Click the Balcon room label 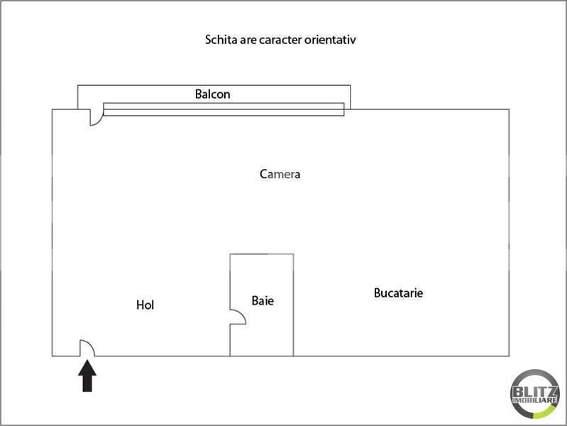[213, 94]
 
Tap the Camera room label [280, 174]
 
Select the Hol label [145, 305]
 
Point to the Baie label [263, 300]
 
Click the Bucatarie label [398, 293]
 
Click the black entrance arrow [87, 376]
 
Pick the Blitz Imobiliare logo [535, 394]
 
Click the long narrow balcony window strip [224, 109]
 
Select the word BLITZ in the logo [535, 392]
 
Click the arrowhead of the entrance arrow [87, 368]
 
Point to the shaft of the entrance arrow [87, 383]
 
